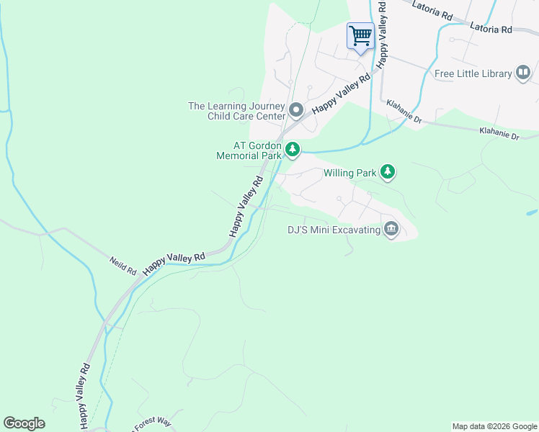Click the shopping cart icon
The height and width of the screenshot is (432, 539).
tap(360, 35)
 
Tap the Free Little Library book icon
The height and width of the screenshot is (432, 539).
tap(523, 73)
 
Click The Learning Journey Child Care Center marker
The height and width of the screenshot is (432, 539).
tap(296, 111)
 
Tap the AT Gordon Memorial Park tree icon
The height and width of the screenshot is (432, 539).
tap(292, 150)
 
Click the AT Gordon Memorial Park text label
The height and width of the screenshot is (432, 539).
tap(248, 150)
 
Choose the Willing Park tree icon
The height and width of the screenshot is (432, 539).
tap(388, 171)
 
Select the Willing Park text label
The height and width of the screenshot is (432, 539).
tap(349, 173)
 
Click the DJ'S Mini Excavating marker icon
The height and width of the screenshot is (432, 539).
tap(391, 230)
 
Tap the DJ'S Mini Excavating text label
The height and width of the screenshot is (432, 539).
tap(333, 230)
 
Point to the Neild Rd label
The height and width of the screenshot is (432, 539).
tap(123, 265)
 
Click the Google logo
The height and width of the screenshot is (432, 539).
tap(24, 423)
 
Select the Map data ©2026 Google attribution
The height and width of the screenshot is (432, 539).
tap(494, 426)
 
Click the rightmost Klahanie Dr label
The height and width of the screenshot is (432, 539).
tap(499, 133)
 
